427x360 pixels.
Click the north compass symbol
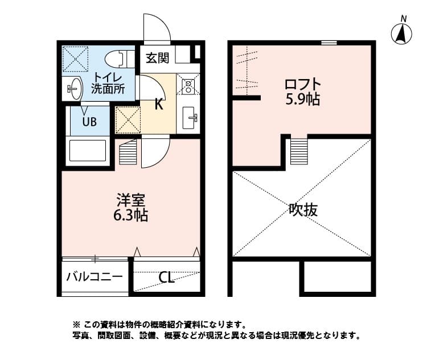pyautogui.click(x=401, y=34)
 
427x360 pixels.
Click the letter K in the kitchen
pyautogui.click(x=160, y=104)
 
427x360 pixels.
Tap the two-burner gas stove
pyautogui.click(x=188, y=86)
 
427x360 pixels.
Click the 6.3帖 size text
pyautogui.click(x=132, y=216)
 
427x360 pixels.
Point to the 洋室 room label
pyautogui.click(x=132, y=200)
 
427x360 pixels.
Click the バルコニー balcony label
pyautogui.click(x=94, y=277)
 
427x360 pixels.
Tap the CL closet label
pyautogui.click(x=166, y=278)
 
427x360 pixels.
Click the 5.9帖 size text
pyautogui.click(x=302, y=100)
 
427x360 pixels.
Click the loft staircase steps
pyautogui.click(x=299, y=151)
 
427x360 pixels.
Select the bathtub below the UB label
pyautogui.click(x=88, y=151)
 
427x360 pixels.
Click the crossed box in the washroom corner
pyautogui.click(x=75, y=58)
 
